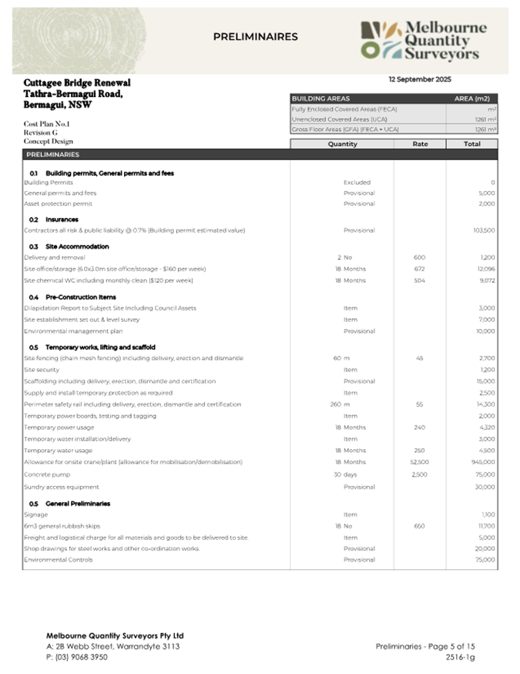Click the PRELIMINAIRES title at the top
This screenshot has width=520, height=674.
(255, 36)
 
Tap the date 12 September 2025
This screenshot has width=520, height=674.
(420, 79)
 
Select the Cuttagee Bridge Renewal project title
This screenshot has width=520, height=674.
(77, 82)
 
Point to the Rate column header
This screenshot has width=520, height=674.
(420, 143)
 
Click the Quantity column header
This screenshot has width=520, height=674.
(342, 143)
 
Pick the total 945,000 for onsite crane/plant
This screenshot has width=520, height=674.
(482, 461)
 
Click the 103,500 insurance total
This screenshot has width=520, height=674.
(481, 230)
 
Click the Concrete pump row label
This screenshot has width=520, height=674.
(47, 474)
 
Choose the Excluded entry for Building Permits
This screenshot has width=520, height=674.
(359, 183)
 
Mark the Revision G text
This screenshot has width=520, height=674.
(39, 132)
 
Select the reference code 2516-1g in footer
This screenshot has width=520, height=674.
(460, 657)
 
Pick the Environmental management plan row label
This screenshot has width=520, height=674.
(73, 331)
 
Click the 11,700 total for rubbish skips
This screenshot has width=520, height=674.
(483, 526)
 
